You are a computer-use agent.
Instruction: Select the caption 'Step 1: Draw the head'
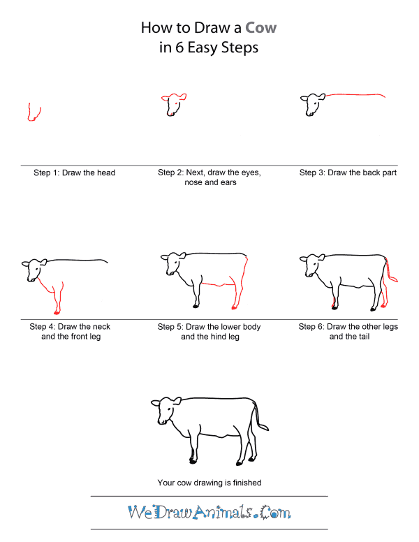click(74, 173)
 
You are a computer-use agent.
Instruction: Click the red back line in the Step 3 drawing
click(356, 94)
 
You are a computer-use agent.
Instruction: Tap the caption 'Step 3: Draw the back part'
click(348, 173)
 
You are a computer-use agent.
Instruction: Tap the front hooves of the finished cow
click(193, 460)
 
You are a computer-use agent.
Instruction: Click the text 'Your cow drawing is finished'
click(209, 482)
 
